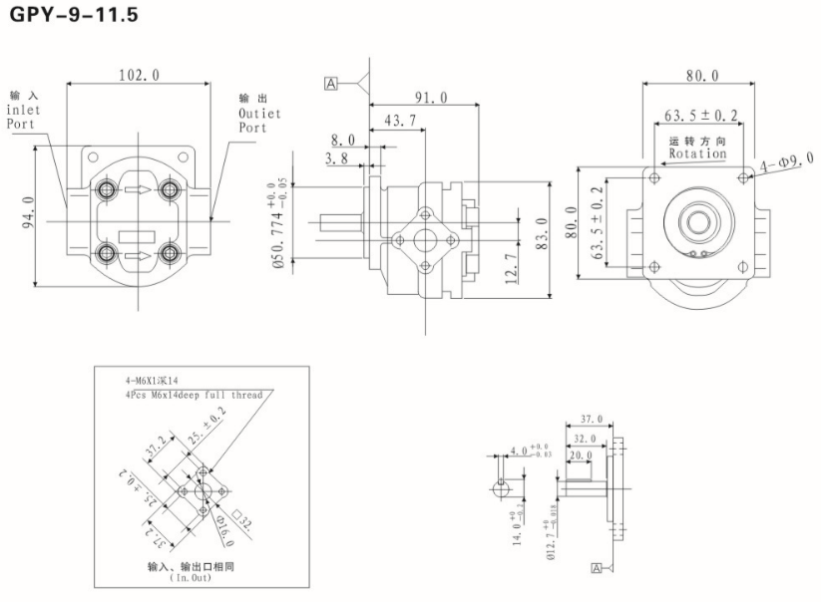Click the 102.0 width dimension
pos(140,75)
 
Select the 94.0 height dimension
pos(28,212)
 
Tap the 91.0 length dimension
pos(432,98)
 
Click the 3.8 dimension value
pos(336,158)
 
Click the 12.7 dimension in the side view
pos(510,268)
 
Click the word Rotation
pos(697,154)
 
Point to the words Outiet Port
pos(258,121)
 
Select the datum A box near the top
pos(330,83)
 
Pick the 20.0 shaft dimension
pos(580,455)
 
